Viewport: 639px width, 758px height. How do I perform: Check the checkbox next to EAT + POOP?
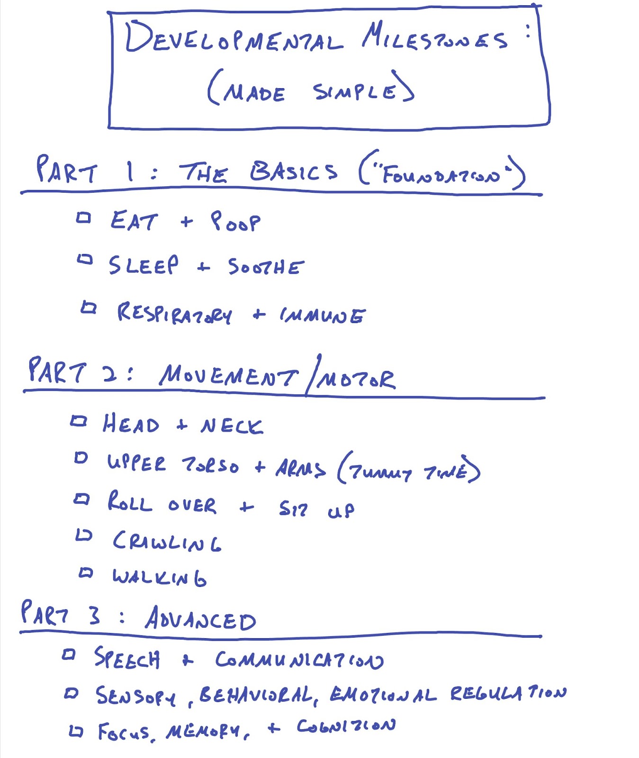point(83,218)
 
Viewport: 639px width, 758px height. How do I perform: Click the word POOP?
point(235,221)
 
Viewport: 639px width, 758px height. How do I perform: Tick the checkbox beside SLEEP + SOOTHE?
point(85,260)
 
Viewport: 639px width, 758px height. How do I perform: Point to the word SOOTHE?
point(265,267)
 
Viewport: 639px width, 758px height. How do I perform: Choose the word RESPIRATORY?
point(174,314)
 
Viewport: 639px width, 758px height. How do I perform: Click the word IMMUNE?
point(322,315)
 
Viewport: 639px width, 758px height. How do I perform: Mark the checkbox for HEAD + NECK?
point(79,421)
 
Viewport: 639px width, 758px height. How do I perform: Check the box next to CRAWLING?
point(84,535)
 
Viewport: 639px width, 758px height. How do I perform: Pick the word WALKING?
point(159,577)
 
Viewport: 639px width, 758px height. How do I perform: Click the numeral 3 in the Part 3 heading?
point(94,615)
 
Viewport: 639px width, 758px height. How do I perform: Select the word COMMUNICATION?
point(299,660)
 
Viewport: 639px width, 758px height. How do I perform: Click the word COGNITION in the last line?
point(346,726)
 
